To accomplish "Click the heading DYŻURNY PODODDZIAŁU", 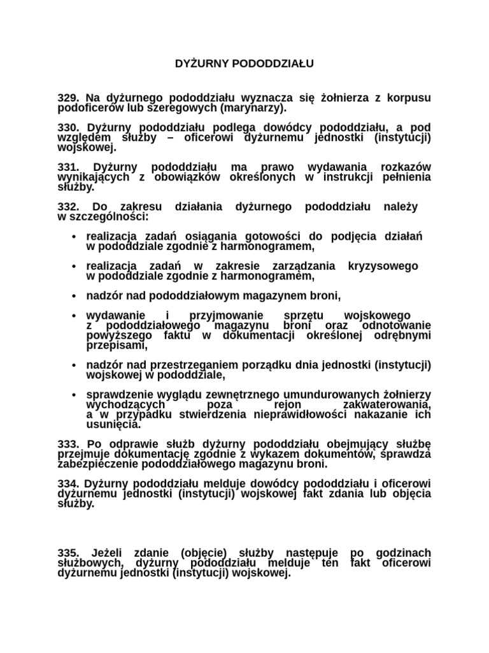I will pos(244,64).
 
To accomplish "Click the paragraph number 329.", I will pos(68,98).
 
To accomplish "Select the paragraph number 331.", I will pos(68,166).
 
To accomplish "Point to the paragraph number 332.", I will pos(68,207).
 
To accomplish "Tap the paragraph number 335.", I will pos(68,552).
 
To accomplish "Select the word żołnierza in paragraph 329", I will pos(347,98).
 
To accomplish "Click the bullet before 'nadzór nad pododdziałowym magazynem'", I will pos(75,295).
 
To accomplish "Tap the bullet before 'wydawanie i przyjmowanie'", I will pos(75,316).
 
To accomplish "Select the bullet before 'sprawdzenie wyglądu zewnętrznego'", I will pos(75,394).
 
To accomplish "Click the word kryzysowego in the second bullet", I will pos(383,265).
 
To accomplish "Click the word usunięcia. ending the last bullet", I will pos(113,424).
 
